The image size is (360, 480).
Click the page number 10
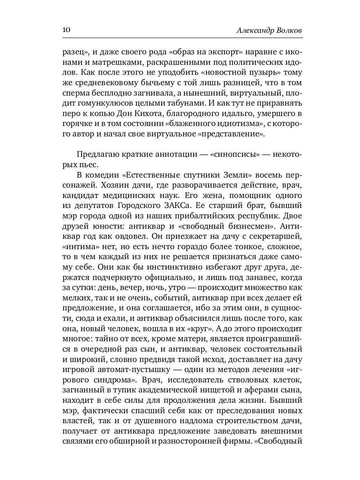coord(66,30)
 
